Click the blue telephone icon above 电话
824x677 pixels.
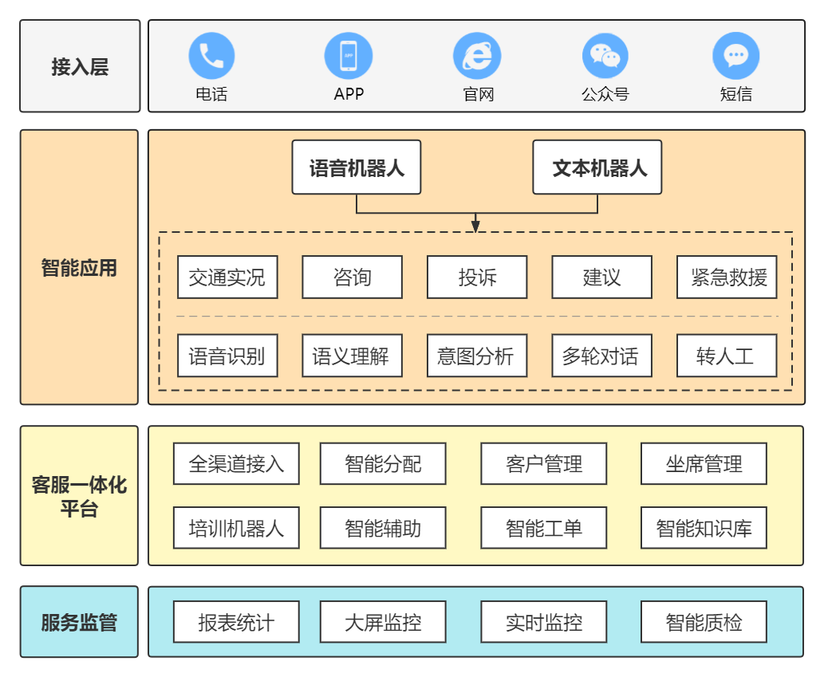[x=211, y=56]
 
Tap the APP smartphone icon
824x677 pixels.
[x=349, y=56]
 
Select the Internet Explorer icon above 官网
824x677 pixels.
[x=477, y=56]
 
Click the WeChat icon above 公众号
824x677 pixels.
[x=605, y=56]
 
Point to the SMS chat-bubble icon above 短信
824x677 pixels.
[x=735, y=56]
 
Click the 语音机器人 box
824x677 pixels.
[x=357, y=167]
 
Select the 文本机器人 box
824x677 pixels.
[x=597, y=167]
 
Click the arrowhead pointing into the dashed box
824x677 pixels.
[x=475, y=226]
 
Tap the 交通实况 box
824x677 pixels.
[x=227, y=277]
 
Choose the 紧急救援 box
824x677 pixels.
[x=727, y=277]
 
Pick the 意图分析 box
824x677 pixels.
[x=477, y=356]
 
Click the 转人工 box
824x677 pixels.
[x=727, y=356]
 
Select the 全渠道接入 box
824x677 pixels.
[x=236, y=464]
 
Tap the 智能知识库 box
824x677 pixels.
[x=704, y=528]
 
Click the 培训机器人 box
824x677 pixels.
[x=236, y=528]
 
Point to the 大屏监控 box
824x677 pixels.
[x=383, y=622]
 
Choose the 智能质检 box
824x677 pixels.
[x=704, y=622]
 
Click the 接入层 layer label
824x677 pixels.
[x=80, y=66]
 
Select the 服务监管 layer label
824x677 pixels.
[x=79, y=622]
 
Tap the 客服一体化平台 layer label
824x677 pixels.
[x=79, y=496]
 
